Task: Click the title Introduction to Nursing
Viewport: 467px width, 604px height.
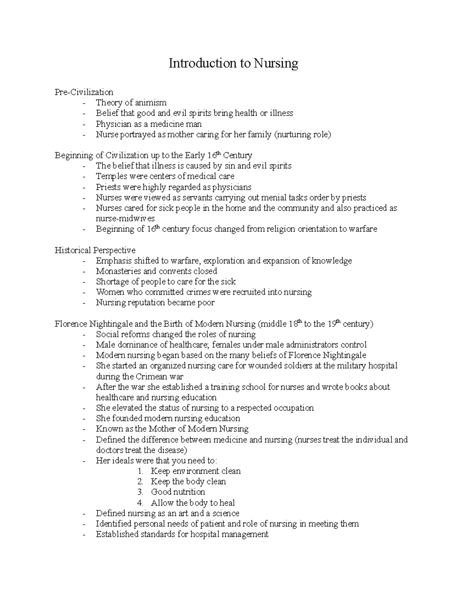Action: pos(233,63)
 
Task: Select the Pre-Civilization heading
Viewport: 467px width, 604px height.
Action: pos(84,92)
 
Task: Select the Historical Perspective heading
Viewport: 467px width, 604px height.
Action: pos(95,250)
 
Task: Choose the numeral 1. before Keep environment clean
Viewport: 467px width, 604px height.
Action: pos(140,471)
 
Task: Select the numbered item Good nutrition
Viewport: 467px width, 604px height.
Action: pos(177,492)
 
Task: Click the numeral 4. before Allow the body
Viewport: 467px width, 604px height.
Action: pos(140,503)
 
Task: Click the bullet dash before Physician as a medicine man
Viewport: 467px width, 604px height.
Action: pos(84,124)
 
